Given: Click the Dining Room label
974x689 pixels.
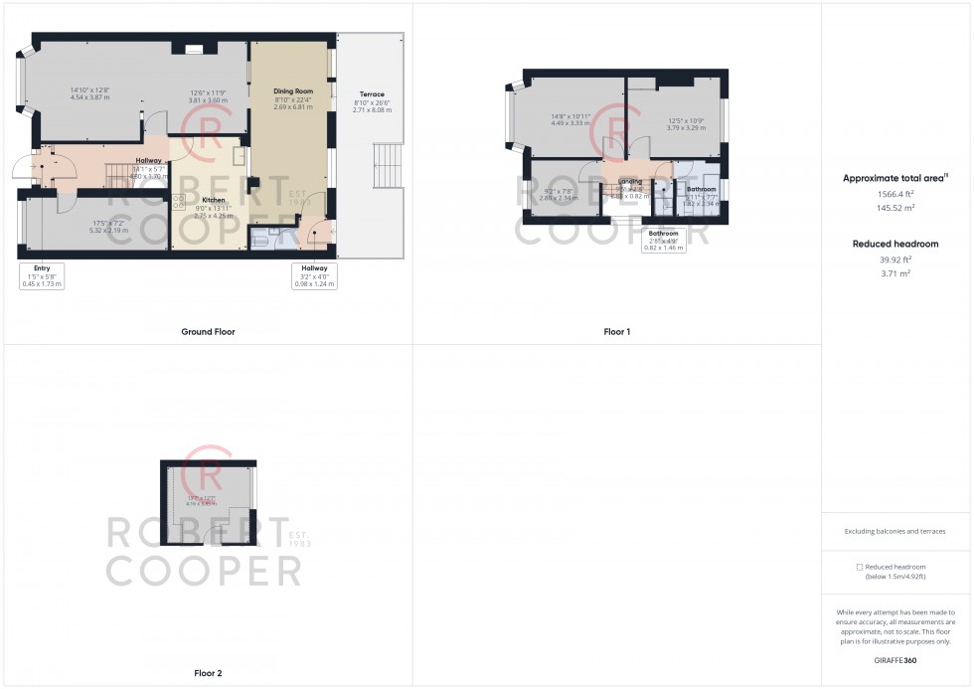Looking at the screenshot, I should tap(293, 90).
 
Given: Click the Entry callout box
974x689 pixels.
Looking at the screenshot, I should tap(42, 275).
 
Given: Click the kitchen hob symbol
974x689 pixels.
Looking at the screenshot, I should tap(180, 202).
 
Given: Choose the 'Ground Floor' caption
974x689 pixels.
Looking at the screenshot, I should tap(208, 332).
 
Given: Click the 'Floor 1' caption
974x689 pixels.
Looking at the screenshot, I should tap(617, 332).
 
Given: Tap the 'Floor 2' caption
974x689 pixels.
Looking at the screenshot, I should tap(208, 673).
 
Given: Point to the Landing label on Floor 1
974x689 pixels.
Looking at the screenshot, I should tap(630, 181).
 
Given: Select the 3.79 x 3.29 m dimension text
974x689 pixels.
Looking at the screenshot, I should tap(686, 128).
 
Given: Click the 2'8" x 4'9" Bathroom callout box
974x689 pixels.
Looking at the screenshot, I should tap(664, 240).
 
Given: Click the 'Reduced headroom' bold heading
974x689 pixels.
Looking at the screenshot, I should tap(895, 244).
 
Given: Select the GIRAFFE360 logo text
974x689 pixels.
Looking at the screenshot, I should tap(895, 660).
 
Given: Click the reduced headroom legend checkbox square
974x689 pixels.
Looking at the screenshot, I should tap(860, 567).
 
